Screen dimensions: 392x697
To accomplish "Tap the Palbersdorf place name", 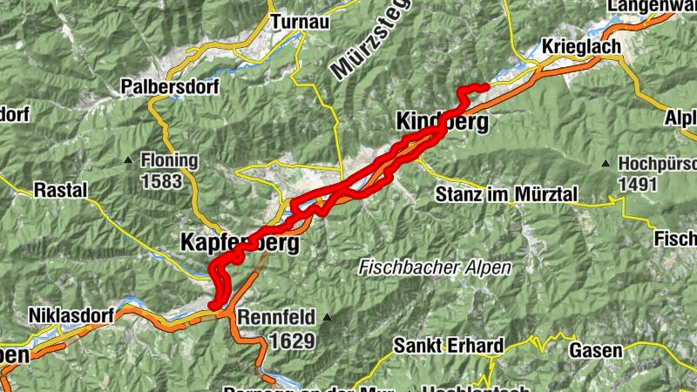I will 171,87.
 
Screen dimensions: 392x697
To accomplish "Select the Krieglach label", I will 580,46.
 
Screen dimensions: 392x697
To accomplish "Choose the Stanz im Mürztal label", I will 506,194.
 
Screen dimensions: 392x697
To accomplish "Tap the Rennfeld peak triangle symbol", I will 327,317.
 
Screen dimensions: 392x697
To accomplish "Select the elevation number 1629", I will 291,340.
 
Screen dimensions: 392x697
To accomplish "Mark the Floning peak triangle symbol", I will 128,159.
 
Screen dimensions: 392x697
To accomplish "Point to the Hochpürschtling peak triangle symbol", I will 605,163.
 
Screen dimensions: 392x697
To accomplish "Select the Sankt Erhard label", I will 448,346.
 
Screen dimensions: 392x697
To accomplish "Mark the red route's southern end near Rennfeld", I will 213,304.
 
